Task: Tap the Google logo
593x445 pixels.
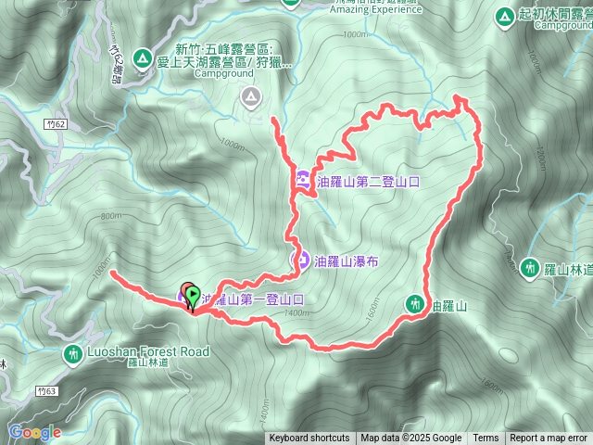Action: pyautogui.click(x=34, y=432)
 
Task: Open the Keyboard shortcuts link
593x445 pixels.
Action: pyautogui.click(x=309, y=439)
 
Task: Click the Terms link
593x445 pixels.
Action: pyautogui.click(x=486, y=439)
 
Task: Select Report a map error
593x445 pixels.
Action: pyautogui.click(x=549, y=439)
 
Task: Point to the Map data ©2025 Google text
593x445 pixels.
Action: pyautogui.click(x=410, y=439)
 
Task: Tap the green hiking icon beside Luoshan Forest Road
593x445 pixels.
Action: pyautogui.click(x=73, y=354)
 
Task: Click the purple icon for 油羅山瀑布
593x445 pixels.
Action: pyautogui.click(x=301, y=261)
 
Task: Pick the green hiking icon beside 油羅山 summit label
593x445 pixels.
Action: pyautogui.click(x=415, y=303)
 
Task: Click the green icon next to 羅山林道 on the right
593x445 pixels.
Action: pyautogui.click(x=530, y=268)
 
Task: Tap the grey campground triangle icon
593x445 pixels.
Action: pyautogui.click(x=251, y=95)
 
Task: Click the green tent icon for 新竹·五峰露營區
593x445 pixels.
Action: pyautogui.click(x=143, y=58)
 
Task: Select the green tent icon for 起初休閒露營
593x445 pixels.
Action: pyautogui.click(x=504, y=17)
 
